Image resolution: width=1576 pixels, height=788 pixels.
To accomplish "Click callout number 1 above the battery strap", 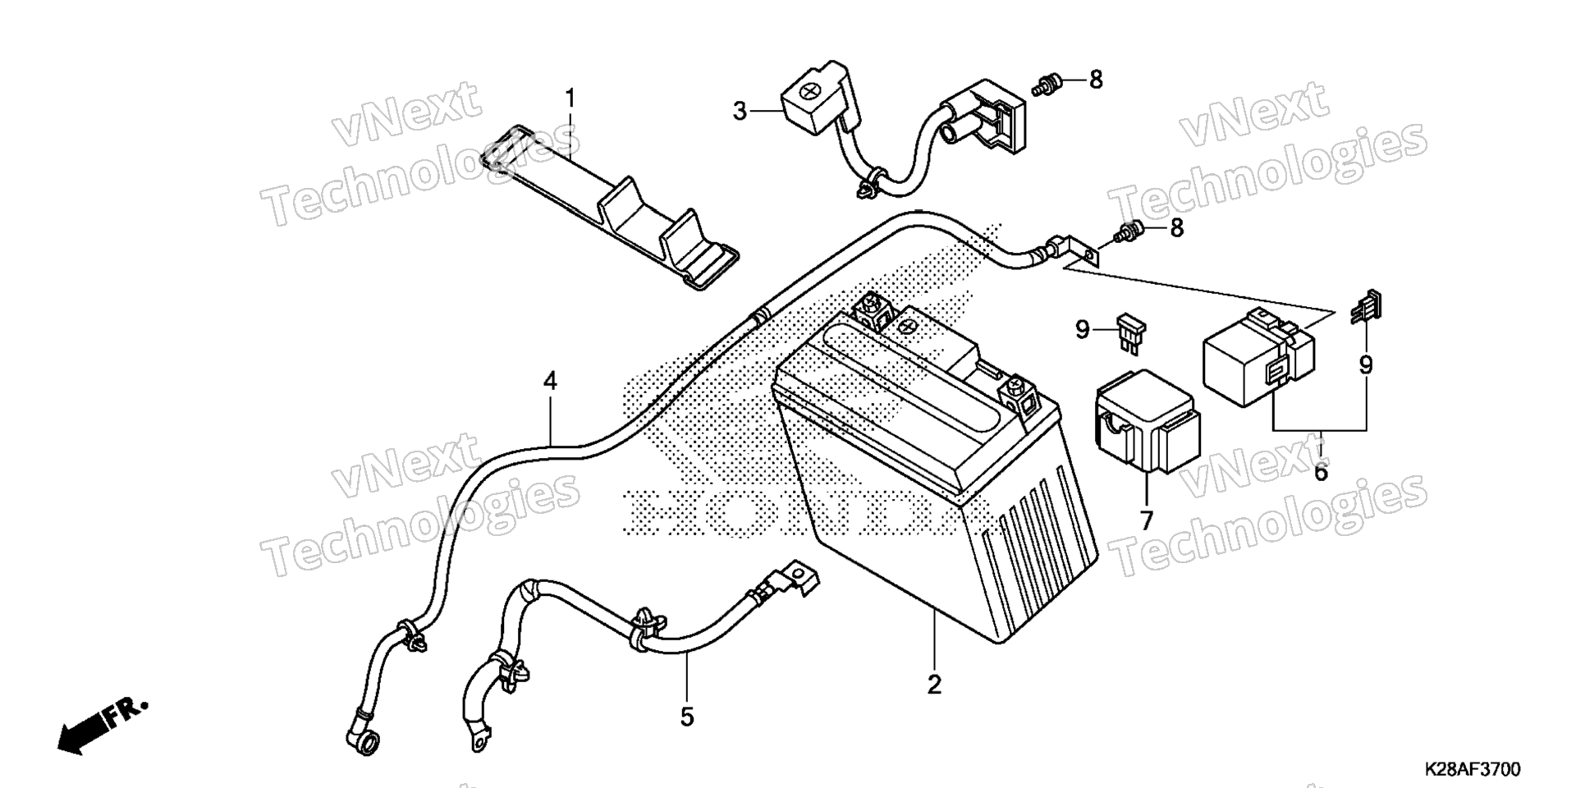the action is tap(570, 100).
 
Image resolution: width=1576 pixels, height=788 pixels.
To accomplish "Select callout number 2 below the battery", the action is tap(934, 685).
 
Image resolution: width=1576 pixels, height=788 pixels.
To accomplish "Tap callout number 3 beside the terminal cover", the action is tap(740, 110).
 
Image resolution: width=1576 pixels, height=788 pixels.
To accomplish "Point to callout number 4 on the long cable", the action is tap(550, 381).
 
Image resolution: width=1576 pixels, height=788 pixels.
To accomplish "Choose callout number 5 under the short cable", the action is tap(687, 717).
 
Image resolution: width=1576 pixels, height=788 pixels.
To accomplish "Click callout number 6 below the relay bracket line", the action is tap(1321, 472).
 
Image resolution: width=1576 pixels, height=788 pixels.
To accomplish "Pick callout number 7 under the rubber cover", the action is tap(1146, 520).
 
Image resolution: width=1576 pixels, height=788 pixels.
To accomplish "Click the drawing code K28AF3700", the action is tap(1472, 770).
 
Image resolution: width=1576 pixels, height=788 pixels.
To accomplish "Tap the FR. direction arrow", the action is tap(103, 726).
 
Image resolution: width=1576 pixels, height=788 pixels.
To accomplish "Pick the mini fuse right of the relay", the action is tap(1365, 306).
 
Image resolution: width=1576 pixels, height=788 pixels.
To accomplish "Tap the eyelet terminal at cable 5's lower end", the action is tap(476, 735).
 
